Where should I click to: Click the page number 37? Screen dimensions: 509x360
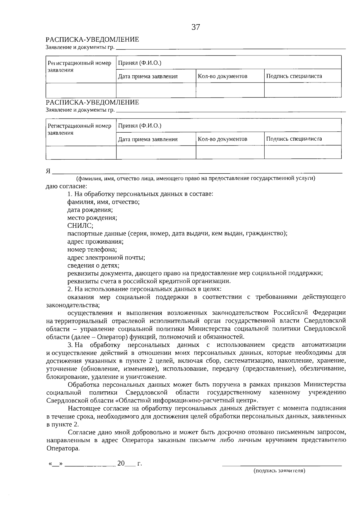(196, 27)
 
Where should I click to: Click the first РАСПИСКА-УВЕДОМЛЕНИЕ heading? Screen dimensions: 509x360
(92, 40)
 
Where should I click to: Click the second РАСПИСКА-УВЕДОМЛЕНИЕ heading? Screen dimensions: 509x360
(92, 102)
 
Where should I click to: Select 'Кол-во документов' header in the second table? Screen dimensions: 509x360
(222, 139)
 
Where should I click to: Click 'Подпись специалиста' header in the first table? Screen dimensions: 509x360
(294, 76)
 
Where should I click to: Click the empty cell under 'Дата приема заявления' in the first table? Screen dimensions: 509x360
(156, 90)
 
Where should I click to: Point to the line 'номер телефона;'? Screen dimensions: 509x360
(92, 250)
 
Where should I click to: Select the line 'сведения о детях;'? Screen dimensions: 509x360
(93, 265)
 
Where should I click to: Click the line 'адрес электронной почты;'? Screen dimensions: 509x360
(106, 257)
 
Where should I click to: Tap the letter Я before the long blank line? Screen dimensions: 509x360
(48, 171)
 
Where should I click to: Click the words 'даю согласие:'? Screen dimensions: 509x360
(66, 186)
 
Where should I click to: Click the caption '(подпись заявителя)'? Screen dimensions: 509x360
(279, 471)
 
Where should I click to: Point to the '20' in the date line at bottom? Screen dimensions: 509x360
(121, 463)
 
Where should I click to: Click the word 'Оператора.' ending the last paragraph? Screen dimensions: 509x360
(63, 448)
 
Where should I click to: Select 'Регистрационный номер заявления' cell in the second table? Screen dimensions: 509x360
(79, 129)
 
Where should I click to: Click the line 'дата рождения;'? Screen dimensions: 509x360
(90, 210)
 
